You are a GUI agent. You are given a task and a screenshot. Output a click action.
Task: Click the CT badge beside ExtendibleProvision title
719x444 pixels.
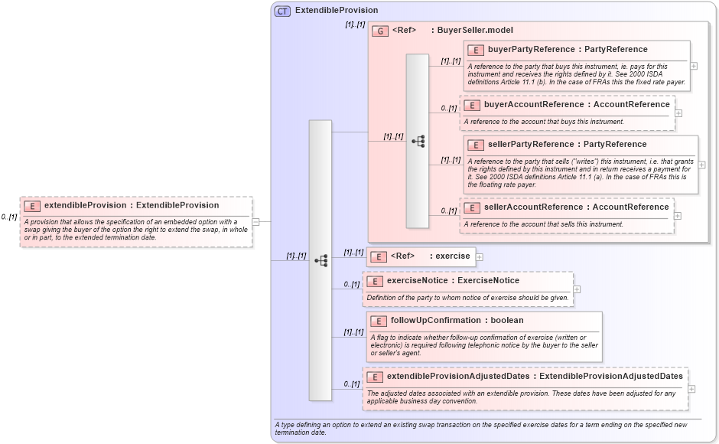[x=282, y=11]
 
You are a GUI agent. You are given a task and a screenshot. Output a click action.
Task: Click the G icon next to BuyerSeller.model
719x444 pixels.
[x=380, y=31]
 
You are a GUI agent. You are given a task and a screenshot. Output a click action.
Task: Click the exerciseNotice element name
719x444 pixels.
[x=410, y=281]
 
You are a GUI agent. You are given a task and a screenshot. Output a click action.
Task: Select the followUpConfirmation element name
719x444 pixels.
[x=414, y=321]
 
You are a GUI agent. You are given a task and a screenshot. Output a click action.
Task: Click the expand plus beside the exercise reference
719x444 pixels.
[x=480, y=256]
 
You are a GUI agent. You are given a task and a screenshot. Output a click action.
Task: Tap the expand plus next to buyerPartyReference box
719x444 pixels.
[x=694, y=67]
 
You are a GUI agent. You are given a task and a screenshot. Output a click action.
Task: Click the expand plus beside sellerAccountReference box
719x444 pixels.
[x=678, y=216]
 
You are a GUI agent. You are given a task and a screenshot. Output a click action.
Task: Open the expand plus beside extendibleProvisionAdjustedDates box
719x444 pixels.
[x=691, y=389]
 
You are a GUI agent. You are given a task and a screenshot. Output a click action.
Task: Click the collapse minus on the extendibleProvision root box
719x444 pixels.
[x=255, y=222]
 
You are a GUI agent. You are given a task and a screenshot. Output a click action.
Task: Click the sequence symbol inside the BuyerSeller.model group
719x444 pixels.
[x=418, y=141]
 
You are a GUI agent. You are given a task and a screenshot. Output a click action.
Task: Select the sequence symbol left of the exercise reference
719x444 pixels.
[x=320, y=260]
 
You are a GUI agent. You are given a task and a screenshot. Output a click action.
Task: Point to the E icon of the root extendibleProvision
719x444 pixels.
[x=32, y=206]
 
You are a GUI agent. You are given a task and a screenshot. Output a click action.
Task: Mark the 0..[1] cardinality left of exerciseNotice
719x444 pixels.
[x=351, y=285]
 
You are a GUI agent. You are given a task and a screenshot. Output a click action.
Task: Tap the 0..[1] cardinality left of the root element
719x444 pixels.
[x=8, y=217]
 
